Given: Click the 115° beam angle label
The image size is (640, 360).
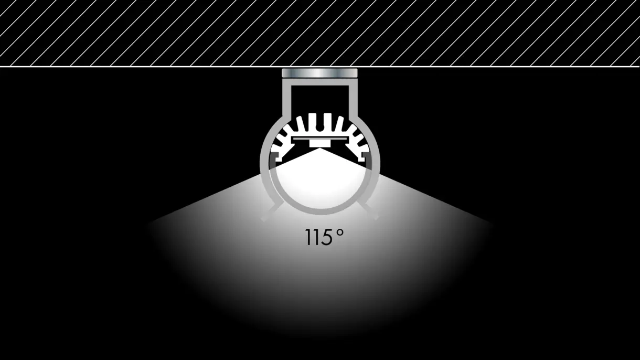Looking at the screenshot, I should coord(325,237).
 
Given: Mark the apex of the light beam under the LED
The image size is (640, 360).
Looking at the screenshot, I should coord(319,149).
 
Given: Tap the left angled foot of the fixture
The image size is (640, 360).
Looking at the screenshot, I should coord(270,213).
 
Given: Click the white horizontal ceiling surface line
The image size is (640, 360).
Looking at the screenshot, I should coord(157,67).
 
